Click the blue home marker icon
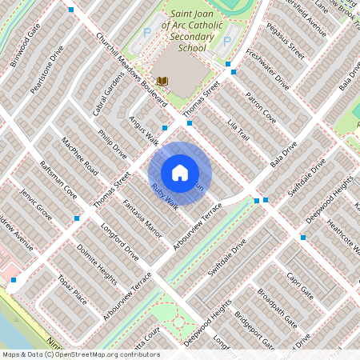click(180, 173)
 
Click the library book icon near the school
click(162, 81)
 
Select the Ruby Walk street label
click(164, 196)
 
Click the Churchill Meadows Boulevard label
click(130, 70)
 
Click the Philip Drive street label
click(112, 144)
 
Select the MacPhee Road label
click(79, 156)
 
